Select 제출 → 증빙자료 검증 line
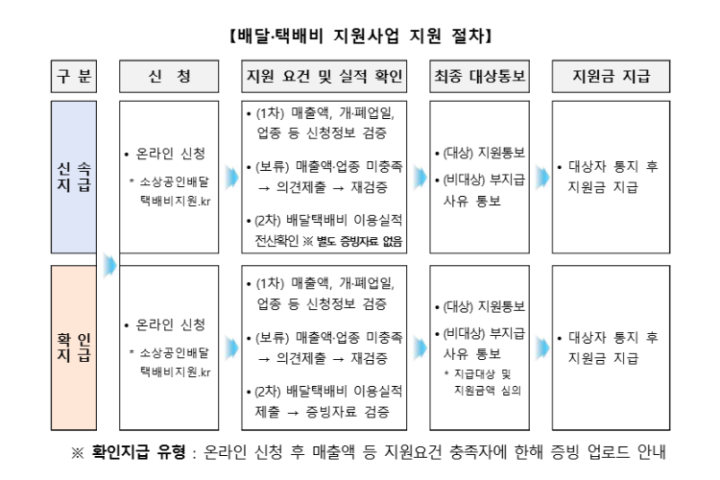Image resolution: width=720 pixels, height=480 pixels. (324, 411)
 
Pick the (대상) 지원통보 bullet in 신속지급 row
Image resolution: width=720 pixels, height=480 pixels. (480, 154)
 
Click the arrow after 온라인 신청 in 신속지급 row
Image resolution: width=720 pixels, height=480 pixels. (231, 178)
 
